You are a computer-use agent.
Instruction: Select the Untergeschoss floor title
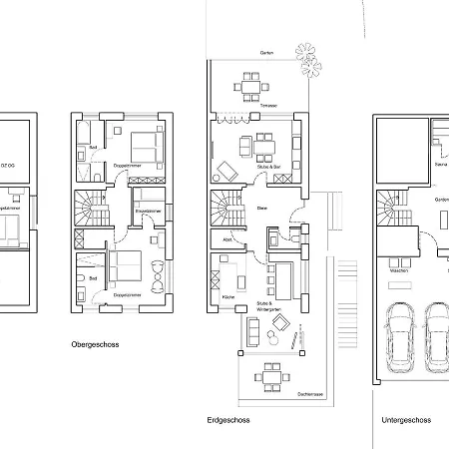coord(406,420)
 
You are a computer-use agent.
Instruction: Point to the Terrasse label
coord(268,106)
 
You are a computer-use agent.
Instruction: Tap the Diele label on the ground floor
coord(262,208)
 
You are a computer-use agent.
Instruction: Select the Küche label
coord(227,298)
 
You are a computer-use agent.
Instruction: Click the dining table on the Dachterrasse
coord(268,376)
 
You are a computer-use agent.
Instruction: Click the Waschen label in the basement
coord(399,270)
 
